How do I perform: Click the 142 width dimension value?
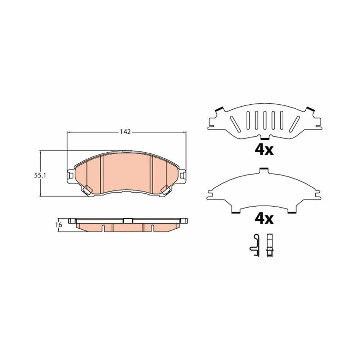125,132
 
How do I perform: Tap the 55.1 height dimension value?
40,176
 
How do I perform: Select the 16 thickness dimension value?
59,225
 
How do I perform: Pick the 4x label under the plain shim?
264,219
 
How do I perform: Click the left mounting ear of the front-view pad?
71,176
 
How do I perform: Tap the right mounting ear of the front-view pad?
182,176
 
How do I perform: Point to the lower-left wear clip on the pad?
87,190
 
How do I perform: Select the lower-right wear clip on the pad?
165,190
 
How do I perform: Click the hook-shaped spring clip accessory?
255,246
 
